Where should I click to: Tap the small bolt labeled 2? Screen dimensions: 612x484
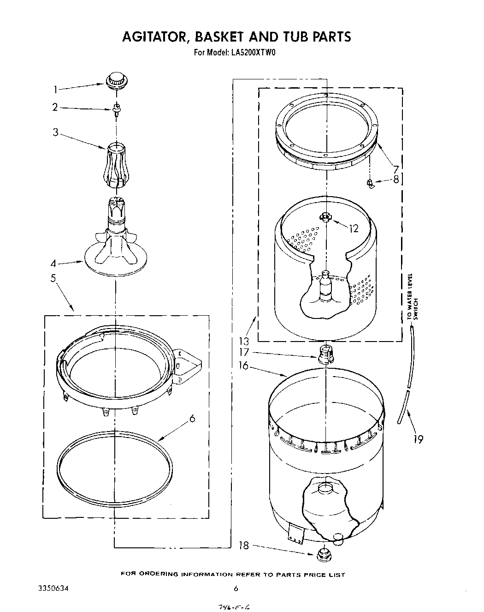click(x=116, y=108)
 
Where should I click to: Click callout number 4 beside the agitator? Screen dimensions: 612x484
click(x=53, y=264)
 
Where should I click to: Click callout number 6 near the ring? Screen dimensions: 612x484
click(x=192, y=418)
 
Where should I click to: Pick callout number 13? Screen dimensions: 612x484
click(x=244, y=342)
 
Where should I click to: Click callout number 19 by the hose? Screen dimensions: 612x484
click(x=418, y=439)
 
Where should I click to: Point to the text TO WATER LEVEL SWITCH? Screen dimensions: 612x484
click(x=412, y=297)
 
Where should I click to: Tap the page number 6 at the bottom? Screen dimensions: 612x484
click(x=236, y=588)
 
